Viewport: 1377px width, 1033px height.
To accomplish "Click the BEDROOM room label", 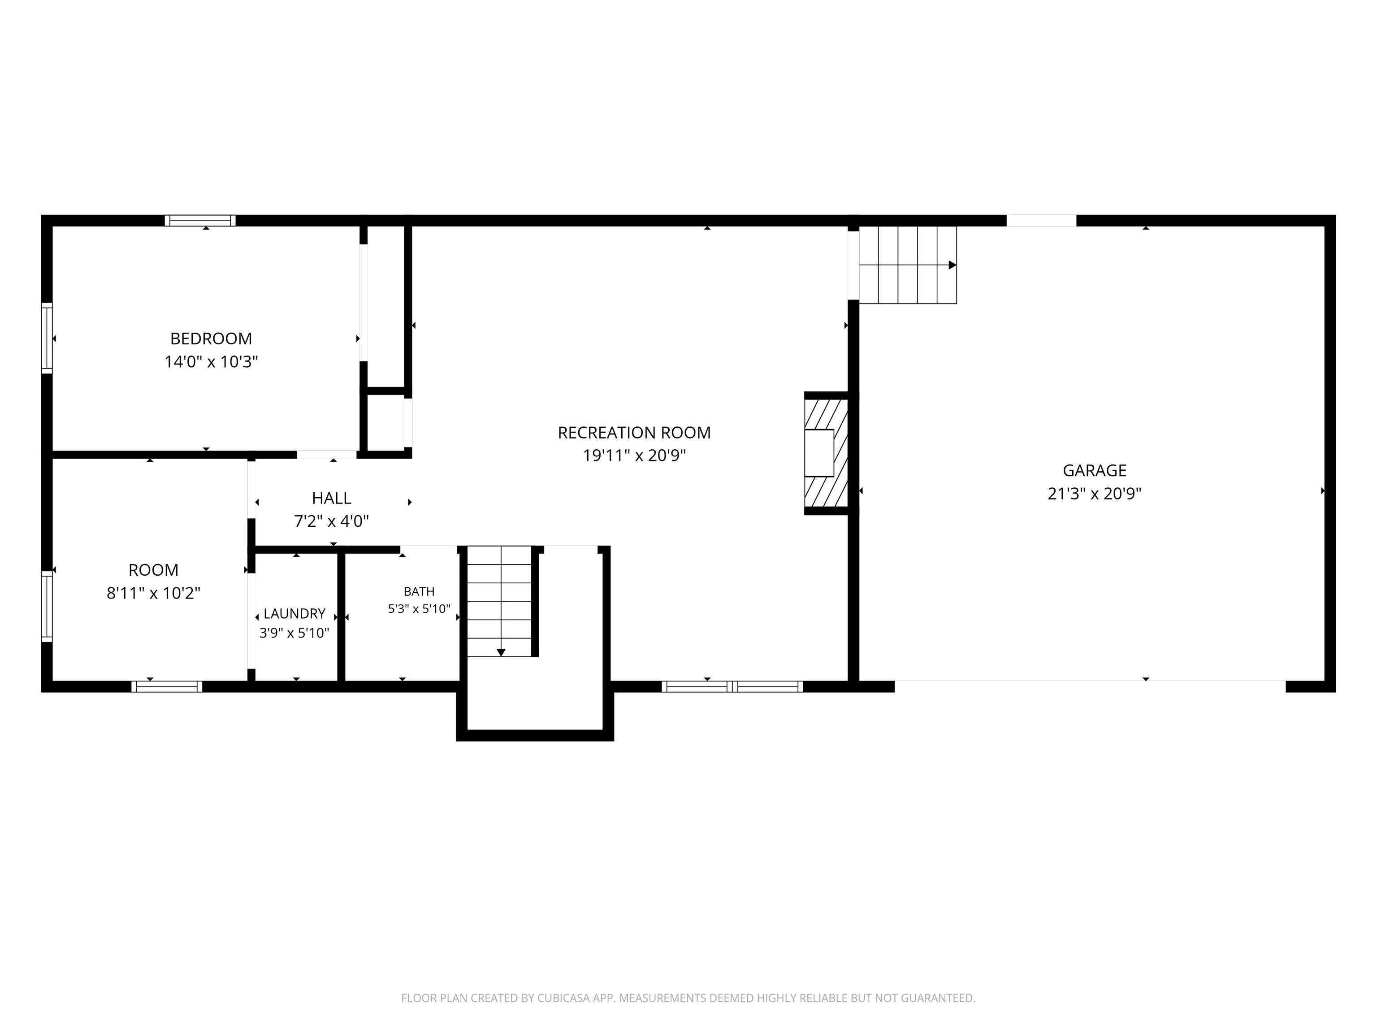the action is (211, 339).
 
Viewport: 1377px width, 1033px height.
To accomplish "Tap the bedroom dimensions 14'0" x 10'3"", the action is (211, 362).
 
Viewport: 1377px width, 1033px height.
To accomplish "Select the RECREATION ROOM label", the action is (634, 433).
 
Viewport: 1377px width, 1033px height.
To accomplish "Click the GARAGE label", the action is (1094, 471).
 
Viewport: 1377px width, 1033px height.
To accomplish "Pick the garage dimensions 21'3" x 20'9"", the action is (1094, 494).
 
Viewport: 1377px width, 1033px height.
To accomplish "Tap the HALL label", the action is (332, 498).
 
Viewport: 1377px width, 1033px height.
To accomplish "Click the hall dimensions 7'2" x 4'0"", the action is (332, 521).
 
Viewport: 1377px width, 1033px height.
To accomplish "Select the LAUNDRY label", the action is (294, 614).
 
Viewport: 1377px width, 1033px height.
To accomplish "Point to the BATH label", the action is (419, 591).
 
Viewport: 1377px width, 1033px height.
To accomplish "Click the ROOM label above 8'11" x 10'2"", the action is (153, 570).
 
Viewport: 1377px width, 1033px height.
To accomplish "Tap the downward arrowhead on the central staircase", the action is (501, 652).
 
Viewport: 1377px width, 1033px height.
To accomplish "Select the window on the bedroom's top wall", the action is (200, 221).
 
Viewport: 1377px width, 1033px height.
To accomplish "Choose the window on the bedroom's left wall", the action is (47, 338).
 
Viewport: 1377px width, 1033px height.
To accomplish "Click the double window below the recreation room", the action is (732, 687).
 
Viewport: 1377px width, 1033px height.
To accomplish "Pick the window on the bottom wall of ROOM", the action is (167, 687).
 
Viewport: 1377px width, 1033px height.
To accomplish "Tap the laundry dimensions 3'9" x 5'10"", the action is (294, 633).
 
